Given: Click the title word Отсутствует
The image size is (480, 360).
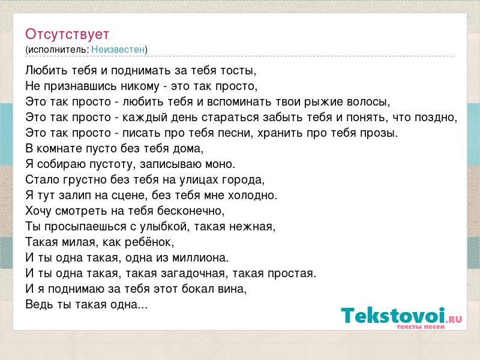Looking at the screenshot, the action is pyautogui.click(x=67, y=34).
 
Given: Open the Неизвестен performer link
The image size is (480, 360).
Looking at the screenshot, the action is pyautogui.click(x=118, y=49).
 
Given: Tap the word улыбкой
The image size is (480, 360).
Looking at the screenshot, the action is pyautogui.click(x=163, y=227).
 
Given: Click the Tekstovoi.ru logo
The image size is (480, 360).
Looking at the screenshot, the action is pyautogui.click(x=401, y=318).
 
